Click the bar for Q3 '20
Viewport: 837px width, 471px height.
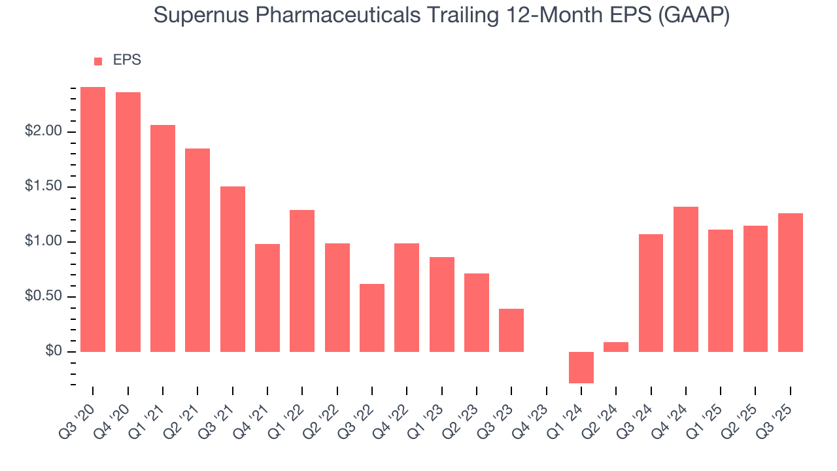tap(93, 219)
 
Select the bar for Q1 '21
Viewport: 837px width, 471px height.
tap(163, 238)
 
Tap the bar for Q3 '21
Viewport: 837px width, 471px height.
tap(233, 269)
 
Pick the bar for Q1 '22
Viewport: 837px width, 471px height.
tap(302, 281)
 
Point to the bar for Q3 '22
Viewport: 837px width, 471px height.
tap(372, 318)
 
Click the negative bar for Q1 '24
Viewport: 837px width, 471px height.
tap(581, 368)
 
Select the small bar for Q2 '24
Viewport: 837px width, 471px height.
tap(616, 347)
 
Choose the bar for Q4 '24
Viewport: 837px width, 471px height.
tap(686, 279)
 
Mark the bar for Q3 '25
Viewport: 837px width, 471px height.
tap(791, 283)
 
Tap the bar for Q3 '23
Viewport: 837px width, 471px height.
tap(511, 330)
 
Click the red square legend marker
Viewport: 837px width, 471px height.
tap(98, 61)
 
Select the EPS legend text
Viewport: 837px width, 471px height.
tap(127, 60)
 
